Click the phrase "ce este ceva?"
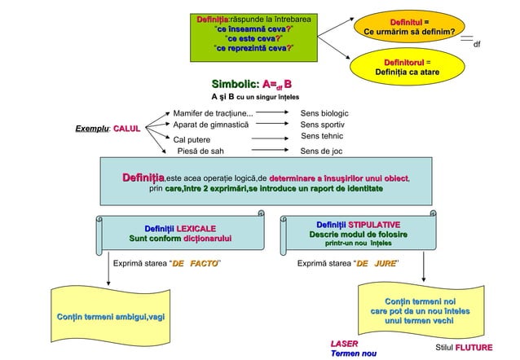(254, 37)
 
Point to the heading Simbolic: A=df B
(251, 83)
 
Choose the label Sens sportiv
(323, 125)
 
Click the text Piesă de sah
(201, 151)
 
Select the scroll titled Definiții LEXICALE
(180, 231)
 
